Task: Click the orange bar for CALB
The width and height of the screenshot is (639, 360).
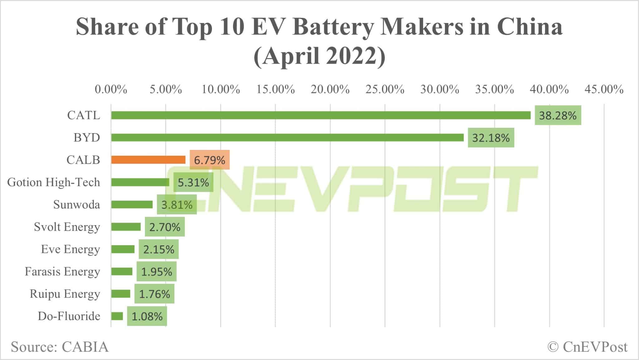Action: pyautogui.click(x=148, y=160)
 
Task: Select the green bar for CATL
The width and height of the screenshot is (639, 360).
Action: pyautogui.click(x=321, y=115)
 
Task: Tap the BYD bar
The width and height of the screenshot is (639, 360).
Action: pyautogui.click(x=287, y=137)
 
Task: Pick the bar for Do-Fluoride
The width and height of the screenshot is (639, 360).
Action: pyautogui.click(x=117, y=316)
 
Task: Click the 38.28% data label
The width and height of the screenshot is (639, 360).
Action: pyautogui.click(x=558, y=116)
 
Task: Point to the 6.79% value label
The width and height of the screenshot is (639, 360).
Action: pyautogui.click(x=209, y=160)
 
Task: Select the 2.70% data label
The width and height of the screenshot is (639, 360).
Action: pyautogui.click(x=164, y=227)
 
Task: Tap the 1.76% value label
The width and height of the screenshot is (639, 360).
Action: pyautogui.click(x=154, y=294)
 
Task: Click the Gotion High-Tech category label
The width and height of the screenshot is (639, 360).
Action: pyautogui.click(x=54, y=182)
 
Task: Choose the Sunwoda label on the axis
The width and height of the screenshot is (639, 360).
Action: pyautogui.click(x=76, y=205)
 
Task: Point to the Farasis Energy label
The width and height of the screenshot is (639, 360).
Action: pyautogui.click(x=62, y=271)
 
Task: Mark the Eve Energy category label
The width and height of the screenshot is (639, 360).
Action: pyautogui.click(x=71, y=249)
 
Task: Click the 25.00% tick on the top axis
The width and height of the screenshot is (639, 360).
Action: pyautogui.click(x=385, y=90)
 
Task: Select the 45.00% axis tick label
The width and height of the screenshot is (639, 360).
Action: pyautogui.click(x=604, y=90)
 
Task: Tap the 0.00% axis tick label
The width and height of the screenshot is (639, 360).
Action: pyautogui.click(x=111, y=90)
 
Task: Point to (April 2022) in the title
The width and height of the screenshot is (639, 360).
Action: pyautogui.click(x=319, y=56)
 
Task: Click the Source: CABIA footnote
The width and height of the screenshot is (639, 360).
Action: pyautogui.click(x=60, y=347)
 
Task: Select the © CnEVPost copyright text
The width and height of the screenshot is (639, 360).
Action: pyautogui.click(x=587, y=347)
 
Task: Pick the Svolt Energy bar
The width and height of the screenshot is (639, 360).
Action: pyautogui.click(x=126, y=227)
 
